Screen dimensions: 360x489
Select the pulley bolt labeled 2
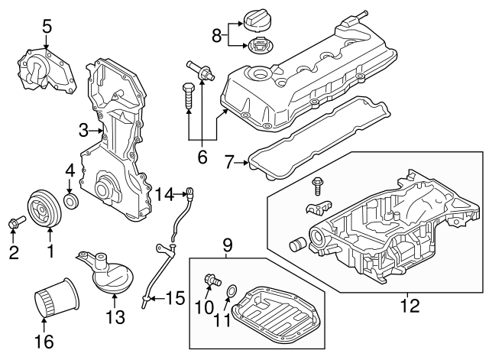(x=15, y=222)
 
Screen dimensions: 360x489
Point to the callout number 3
(x=85, y=131)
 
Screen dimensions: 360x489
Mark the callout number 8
(x=216, y=34)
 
